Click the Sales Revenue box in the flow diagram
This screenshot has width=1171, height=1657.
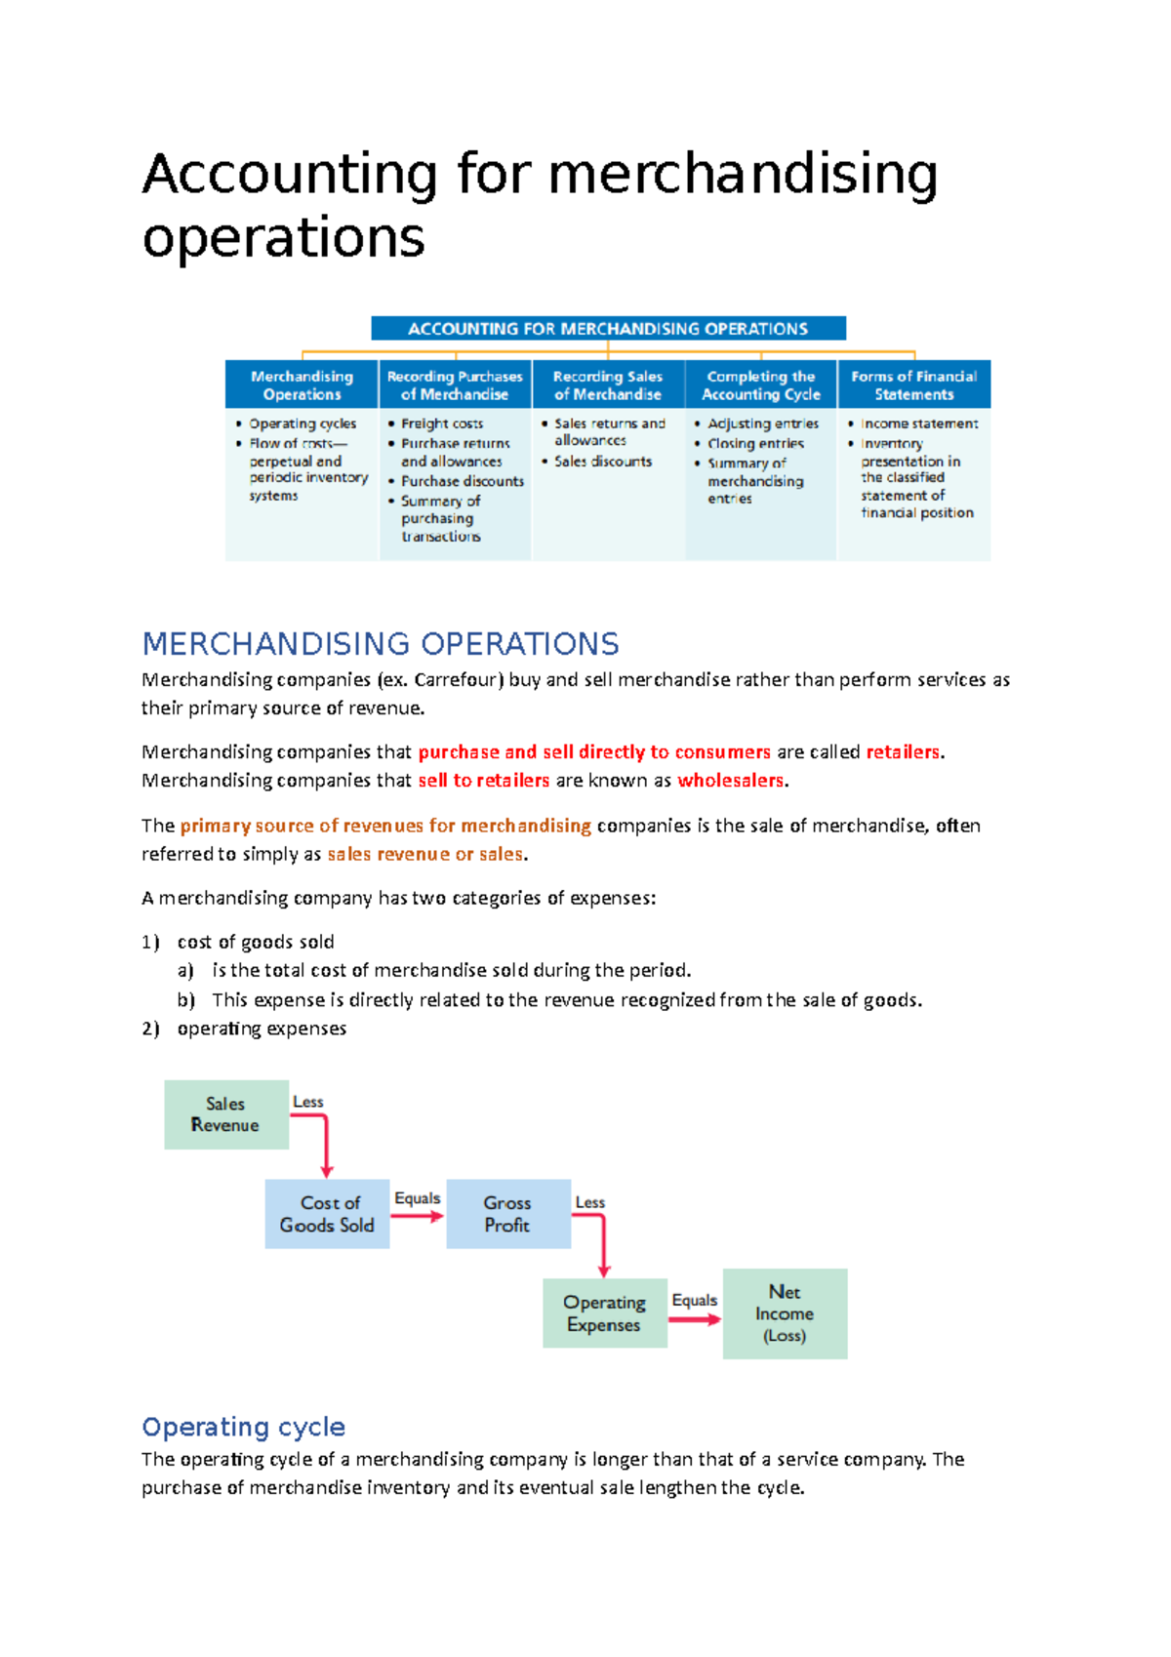(226, 1114)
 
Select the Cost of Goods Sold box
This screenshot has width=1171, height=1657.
(327, 1214)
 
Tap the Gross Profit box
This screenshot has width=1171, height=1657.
(507, 1214)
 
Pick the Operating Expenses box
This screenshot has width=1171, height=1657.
(604, 1313)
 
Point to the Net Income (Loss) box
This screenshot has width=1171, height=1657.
(785, 1313)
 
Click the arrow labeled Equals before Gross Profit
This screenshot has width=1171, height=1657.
(418, 1216)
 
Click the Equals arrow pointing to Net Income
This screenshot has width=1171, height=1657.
(695, 1318)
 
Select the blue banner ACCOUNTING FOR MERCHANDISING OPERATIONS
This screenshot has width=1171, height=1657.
(608, 329)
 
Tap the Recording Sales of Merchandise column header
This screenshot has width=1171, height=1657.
(608, 385)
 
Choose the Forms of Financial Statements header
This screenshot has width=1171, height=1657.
(913, 385)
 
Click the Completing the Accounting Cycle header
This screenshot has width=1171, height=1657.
(761, 385)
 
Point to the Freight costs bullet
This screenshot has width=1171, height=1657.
(442, 424)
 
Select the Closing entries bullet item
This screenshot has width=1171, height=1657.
(755, 443)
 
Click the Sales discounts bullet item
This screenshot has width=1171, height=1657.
(603, 462)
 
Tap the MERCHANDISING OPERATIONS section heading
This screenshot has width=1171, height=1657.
(381, 644)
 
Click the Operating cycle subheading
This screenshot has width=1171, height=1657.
(244, 1427)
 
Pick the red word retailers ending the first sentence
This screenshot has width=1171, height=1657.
(903, 752)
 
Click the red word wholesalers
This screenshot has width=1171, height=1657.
(731, 781)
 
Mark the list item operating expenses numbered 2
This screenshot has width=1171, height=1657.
(262, 1029)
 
